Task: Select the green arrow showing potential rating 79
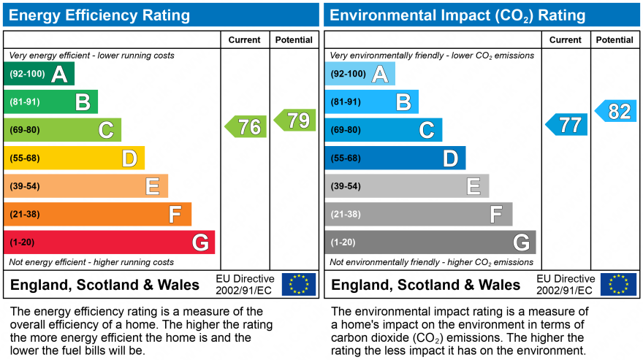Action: click(x=295, y=120)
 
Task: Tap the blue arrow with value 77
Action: click(x=567, y=125)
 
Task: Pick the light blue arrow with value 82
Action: click(x=616, y=111)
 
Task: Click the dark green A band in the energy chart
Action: click(x=39, y=74)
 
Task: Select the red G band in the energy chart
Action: click(x=110, y=242)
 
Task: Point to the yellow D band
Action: click(x=74, y=158)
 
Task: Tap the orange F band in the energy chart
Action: click(x=97, y=214)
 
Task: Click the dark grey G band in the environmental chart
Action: click(x=430, y=242)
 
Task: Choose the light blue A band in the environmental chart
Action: click(x=359, y=74)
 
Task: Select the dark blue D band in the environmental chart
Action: click(x=395, y=158)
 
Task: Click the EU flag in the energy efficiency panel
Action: click(x=299, y=284)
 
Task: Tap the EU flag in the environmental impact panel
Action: click(x=618, y=284)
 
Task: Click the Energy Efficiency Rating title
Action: click(x=99, y=15)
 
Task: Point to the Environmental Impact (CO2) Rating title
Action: click(x=457, y=15)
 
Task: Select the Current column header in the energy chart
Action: click(x=246, y=40)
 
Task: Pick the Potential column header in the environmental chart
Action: click(x=615, y=40)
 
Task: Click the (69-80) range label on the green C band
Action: click(x=24, y=130)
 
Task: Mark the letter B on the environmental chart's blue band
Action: click(x=403, y=102)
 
